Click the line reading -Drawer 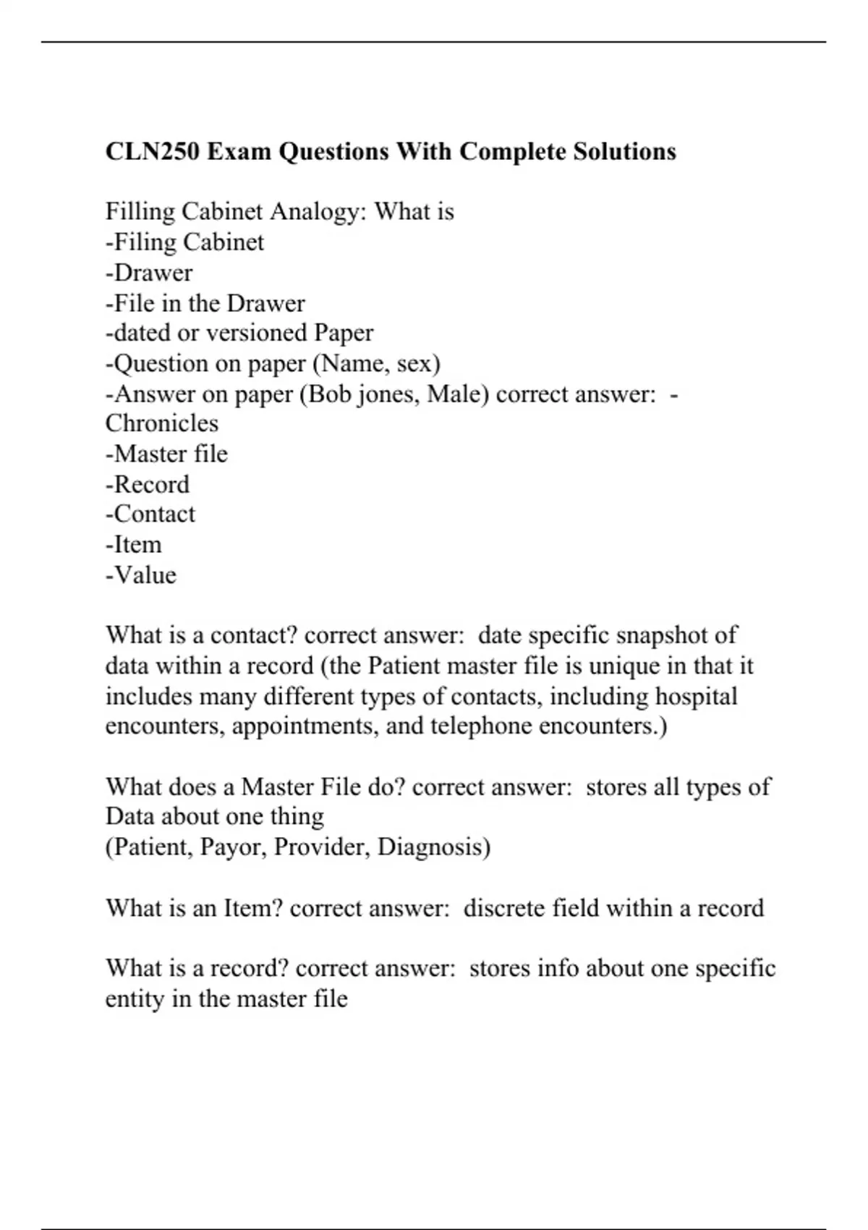(x=149, y=273)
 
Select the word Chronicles (x=161, y=423)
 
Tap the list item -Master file (x=166, y=454)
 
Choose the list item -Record (x=148, y=484)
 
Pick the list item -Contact (x=150, y=514)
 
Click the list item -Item (x=134, y=545)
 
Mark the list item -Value (x=141, y=575)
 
